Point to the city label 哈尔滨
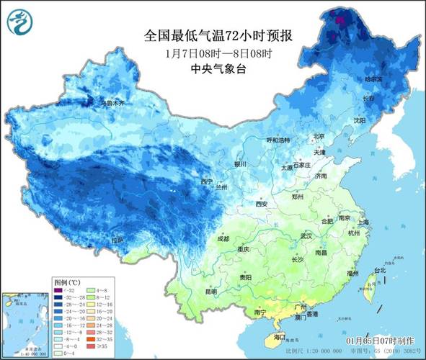(373, 78)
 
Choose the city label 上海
(363, 222)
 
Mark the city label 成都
(222, 238)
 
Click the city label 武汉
(306, 235)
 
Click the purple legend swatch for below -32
(58, 290)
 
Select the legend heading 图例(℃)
(67, 282)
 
